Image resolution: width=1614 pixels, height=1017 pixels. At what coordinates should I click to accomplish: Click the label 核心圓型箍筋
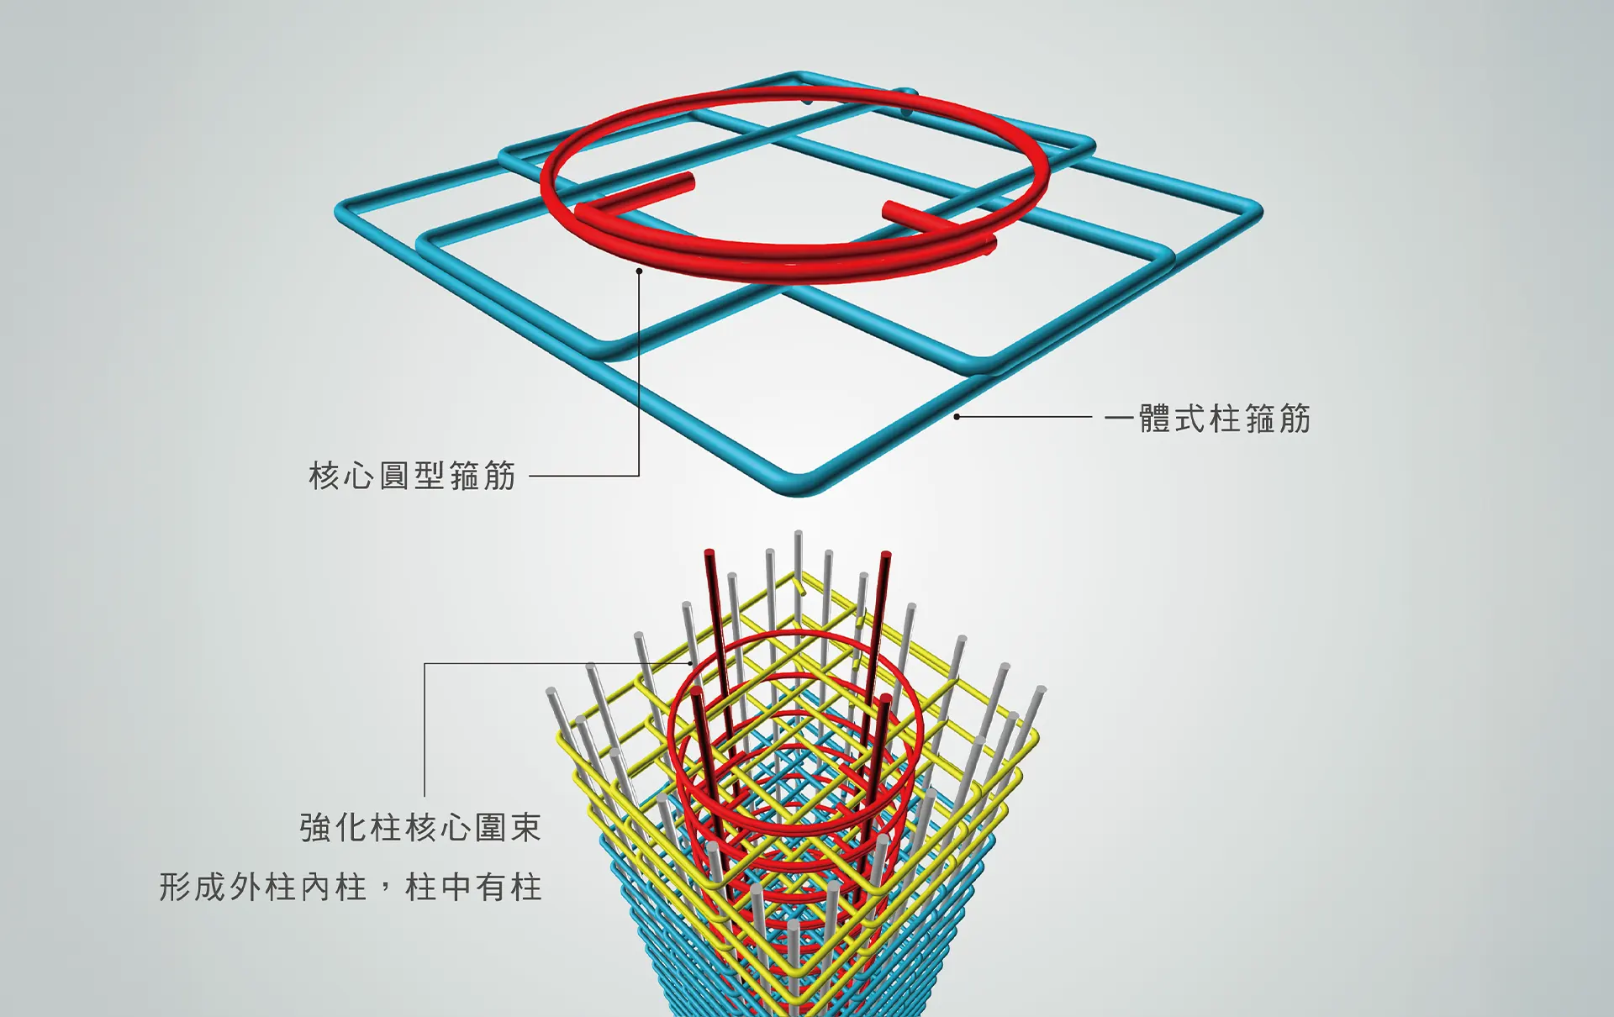[412, 476]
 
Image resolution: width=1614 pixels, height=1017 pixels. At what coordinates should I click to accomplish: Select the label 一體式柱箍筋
[1207, 418]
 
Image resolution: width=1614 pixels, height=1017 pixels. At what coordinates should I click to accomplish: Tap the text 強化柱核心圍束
[420, 828]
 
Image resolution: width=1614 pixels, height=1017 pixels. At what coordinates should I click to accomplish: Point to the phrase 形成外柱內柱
[263, 888]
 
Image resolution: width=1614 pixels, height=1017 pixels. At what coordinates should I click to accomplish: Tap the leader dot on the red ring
[639, 271]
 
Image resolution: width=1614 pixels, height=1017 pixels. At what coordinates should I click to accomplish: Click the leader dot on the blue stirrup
[957, 416]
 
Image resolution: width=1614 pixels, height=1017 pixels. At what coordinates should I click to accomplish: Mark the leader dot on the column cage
[691, 663]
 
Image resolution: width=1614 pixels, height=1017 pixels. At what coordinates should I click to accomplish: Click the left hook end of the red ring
[688, 179]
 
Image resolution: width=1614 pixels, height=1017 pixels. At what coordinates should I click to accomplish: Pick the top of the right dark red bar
[885, 556]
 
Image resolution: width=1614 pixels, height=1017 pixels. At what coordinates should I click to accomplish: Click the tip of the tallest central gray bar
[798, 534]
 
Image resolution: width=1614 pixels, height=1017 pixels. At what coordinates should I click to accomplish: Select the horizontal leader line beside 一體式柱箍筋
[1026, 416]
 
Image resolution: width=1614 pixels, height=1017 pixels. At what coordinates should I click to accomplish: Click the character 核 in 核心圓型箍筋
[324, 476]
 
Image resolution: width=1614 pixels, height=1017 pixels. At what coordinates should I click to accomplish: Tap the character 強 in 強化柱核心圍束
[314, 828]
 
